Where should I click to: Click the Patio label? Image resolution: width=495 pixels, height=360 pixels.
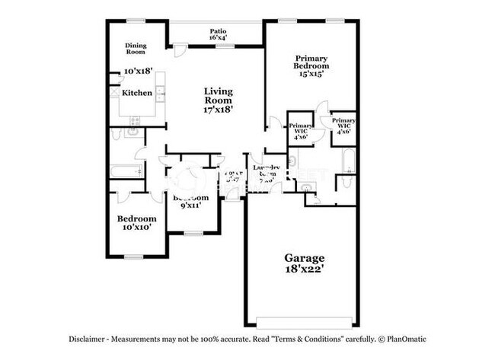pyautogui.click(x=217, y=32)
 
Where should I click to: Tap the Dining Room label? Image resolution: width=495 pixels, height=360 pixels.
pyautogui.click(x=136, y=49)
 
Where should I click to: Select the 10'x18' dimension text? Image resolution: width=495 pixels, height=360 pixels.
pyautogui.click(x=138, y=71)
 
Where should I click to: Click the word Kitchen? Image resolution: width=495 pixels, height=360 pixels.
pyautogui.click(x=137, y=93)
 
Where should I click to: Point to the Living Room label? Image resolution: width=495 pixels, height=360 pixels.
pyautogui.click(x=217, y=95)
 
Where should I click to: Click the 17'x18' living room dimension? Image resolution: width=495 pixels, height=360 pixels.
pyautogui.click(x=218, y=109)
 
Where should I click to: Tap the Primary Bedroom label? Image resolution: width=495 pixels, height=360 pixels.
pyautogui.click(x=311, y=61)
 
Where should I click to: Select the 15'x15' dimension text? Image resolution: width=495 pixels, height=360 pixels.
pyautogui.click(x=311, y=74)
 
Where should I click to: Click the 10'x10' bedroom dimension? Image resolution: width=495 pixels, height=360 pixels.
pyautogui.click(x=137, y=226)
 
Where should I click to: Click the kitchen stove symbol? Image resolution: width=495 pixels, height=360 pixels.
pyautogui.click(x=136, y=120)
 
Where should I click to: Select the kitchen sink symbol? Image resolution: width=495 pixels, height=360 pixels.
pyautogui.click(x=113, y=93)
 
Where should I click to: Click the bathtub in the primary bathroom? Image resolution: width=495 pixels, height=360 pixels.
pyautogui.click(x=348, y=162)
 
